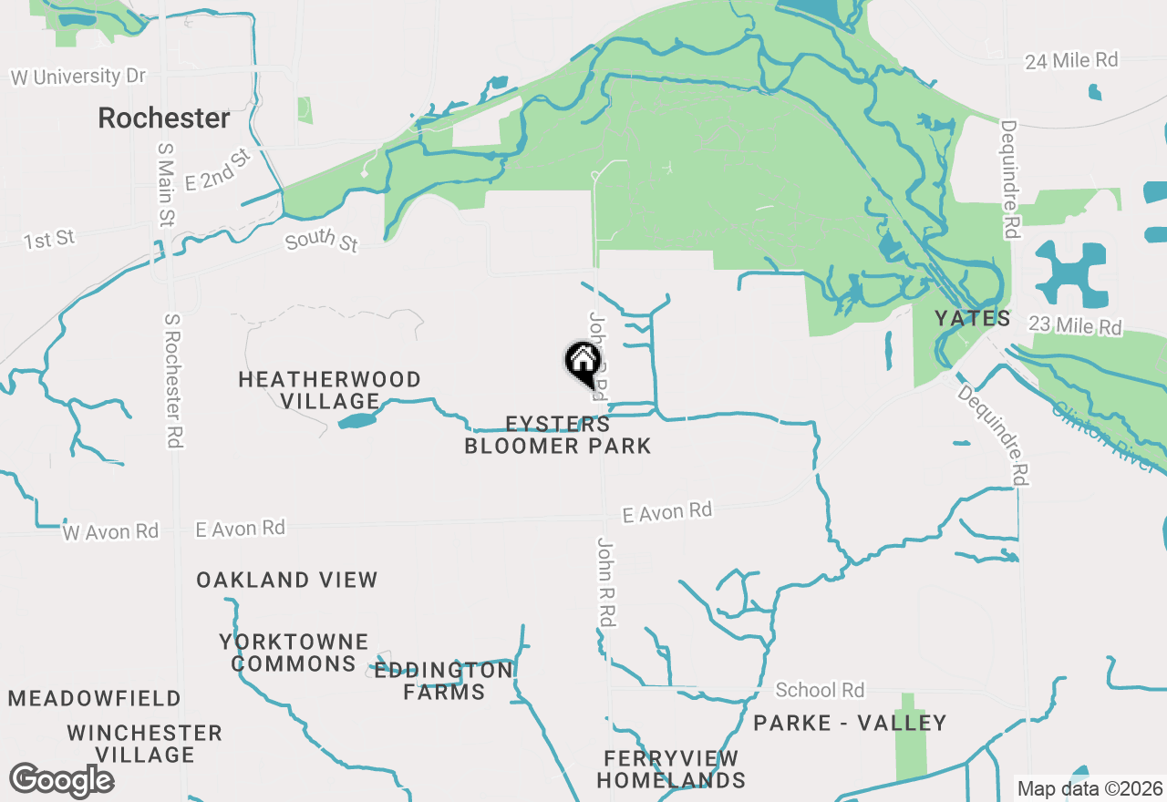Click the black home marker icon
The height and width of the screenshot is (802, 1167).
583,362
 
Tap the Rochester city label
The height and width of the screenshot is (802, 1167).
164,118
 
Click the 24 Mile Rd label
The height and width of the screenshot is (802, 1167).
1071,60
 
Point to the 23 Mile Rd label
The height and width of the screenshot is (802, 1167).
1075,324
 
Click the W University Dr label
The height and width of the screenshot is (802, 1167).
78,77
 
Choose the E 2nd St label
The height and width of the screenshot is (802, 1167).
217,170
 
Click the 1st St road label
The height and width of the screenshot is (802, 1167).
49,240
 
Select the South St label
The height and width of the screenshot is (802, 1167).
322,242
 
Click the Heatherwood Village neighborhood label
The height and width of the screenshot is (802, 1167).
329,390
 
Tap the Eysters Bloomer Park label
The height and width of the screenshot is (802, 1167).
558,435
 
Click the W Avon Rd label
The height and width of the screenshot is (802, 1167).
110,531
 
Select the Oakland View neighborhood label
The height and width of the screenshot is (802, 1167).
286,580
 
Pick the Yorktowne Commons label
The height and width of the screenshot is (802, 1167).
294,653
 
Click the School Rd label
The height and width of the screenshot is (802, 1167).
820,690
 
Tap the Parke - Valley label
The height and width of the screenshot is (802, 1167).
850,723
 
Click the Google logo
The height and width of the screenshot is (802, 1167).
61,780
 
